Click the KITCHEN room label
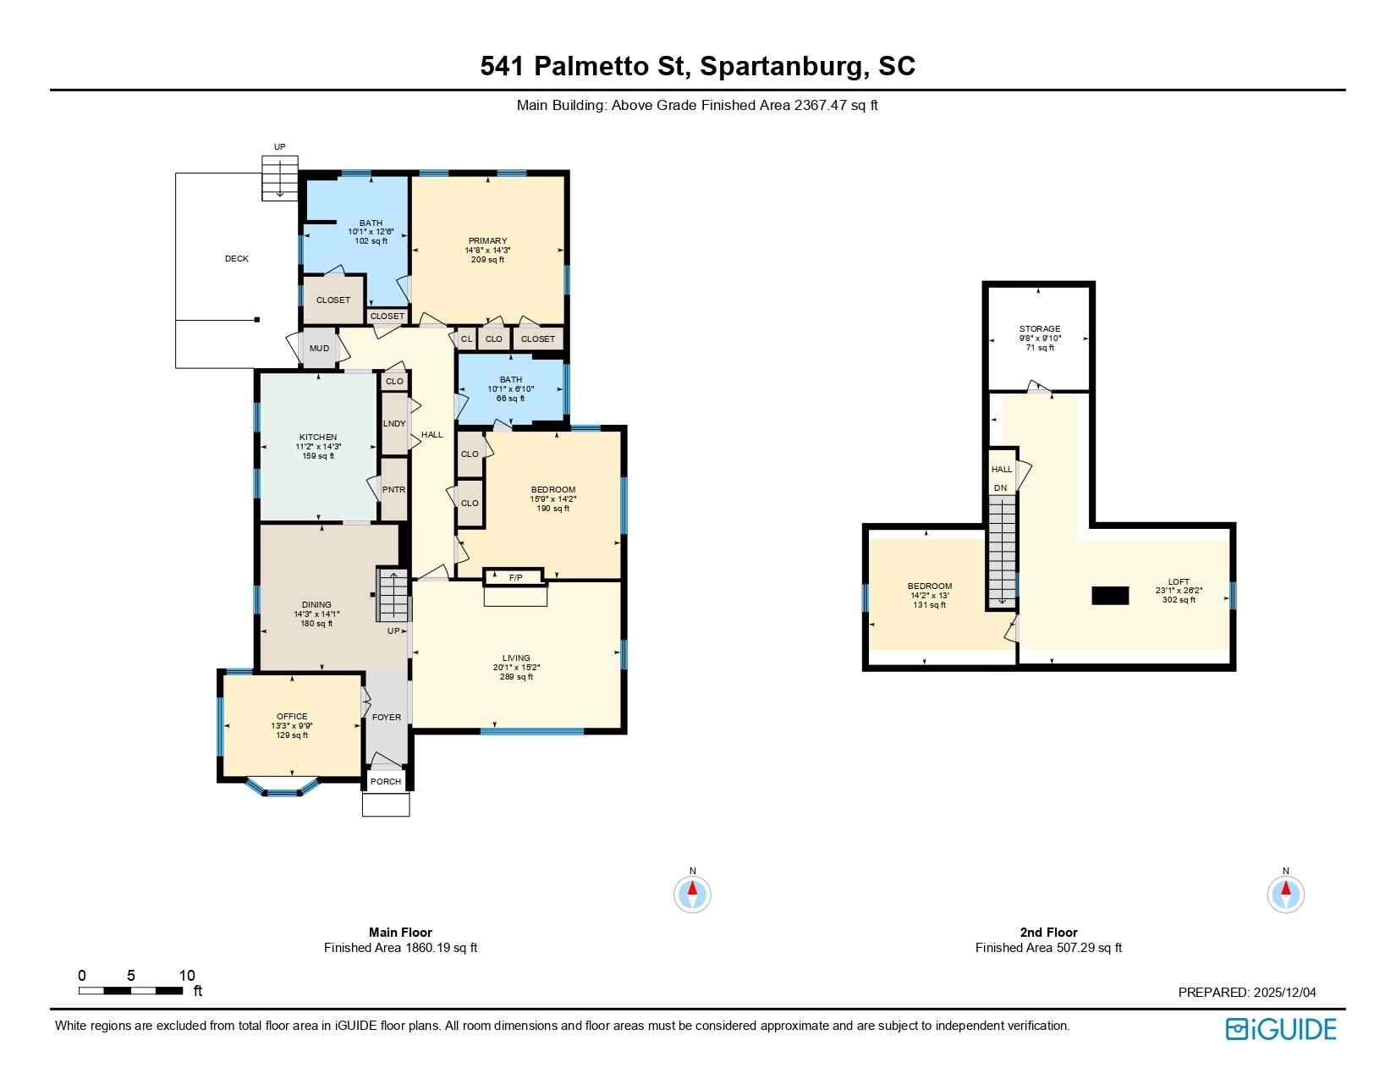click(x=318, y=437)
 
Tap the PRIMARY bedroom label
click(x=487, y=241)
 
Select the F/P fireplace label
click(x=516, y=578)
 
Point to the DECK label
click(x=236, y=258)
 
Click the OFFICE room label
click(x=292, y=716)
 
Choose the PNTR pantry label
click(x=393, y=490)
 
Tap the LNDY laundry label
click(x=394, y=423)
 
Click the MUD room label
click(x=319, y=349)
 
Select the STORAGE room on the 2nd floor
click(x=1040, y=338)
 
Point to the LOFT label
click(x=1179, y=581)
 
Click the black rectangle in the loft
click(x=1110, y=596)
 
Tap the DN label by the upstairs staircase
click(x=1000, y=487)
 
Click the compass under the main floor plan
click(x=693, y=894)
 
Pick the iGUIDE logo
click(x=1280, y=1029)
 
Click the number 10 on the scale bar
click(x=187, y=976)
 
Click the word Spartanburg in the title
click(x=781, y=67)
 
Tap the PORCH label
click(x=386, y=781)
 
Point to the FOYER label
click(x=386, y=717)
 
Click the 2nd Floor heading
click(x=1048, y=932)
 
